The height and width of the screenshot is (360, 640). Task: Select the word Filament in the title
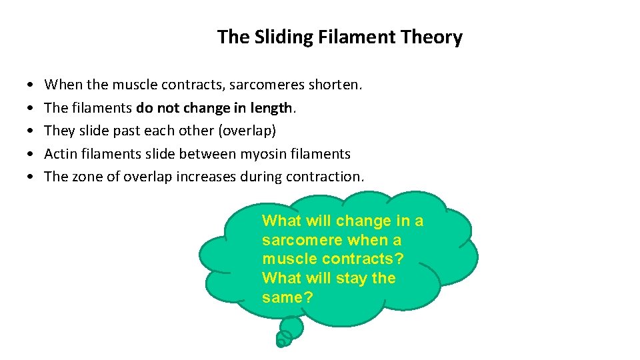(348, 37)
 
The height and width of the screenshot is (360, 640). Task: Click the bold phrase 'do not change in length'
(214, 108)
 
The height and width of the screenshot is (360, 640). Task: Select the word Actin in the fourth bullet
(61, 154)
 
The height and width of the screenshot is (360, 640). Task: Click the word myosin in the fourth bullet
(263, 154)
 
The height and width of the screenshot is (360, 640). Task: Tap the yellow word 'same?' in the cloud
(287, 297)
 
